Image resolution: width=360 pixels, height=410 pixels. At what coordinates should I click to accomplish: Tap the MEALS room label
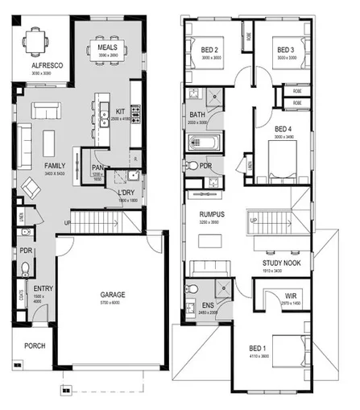coord(108,48)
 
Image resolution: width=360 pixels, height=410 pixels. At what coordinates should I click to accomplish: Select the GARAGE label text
coord(112,295)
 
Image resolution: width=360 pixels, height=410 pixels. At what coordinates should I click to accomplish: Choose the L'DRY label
coord(125,193)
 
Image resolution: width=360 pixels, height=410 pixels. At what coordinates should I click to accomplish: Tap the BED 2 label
coord(210,50)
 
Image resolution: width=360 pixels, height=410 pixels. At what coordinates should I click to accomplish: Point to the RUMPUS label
coord(212,213)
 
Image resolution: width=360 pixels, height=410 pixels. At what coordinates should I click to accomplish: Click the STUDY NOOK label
coord(281,263)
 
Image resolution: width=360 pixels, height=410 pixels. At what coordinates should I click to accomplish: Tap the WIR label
coord(290,296)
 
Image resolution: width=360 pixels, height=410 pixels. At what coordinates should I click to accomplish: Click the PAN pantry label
coord(97,168)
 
